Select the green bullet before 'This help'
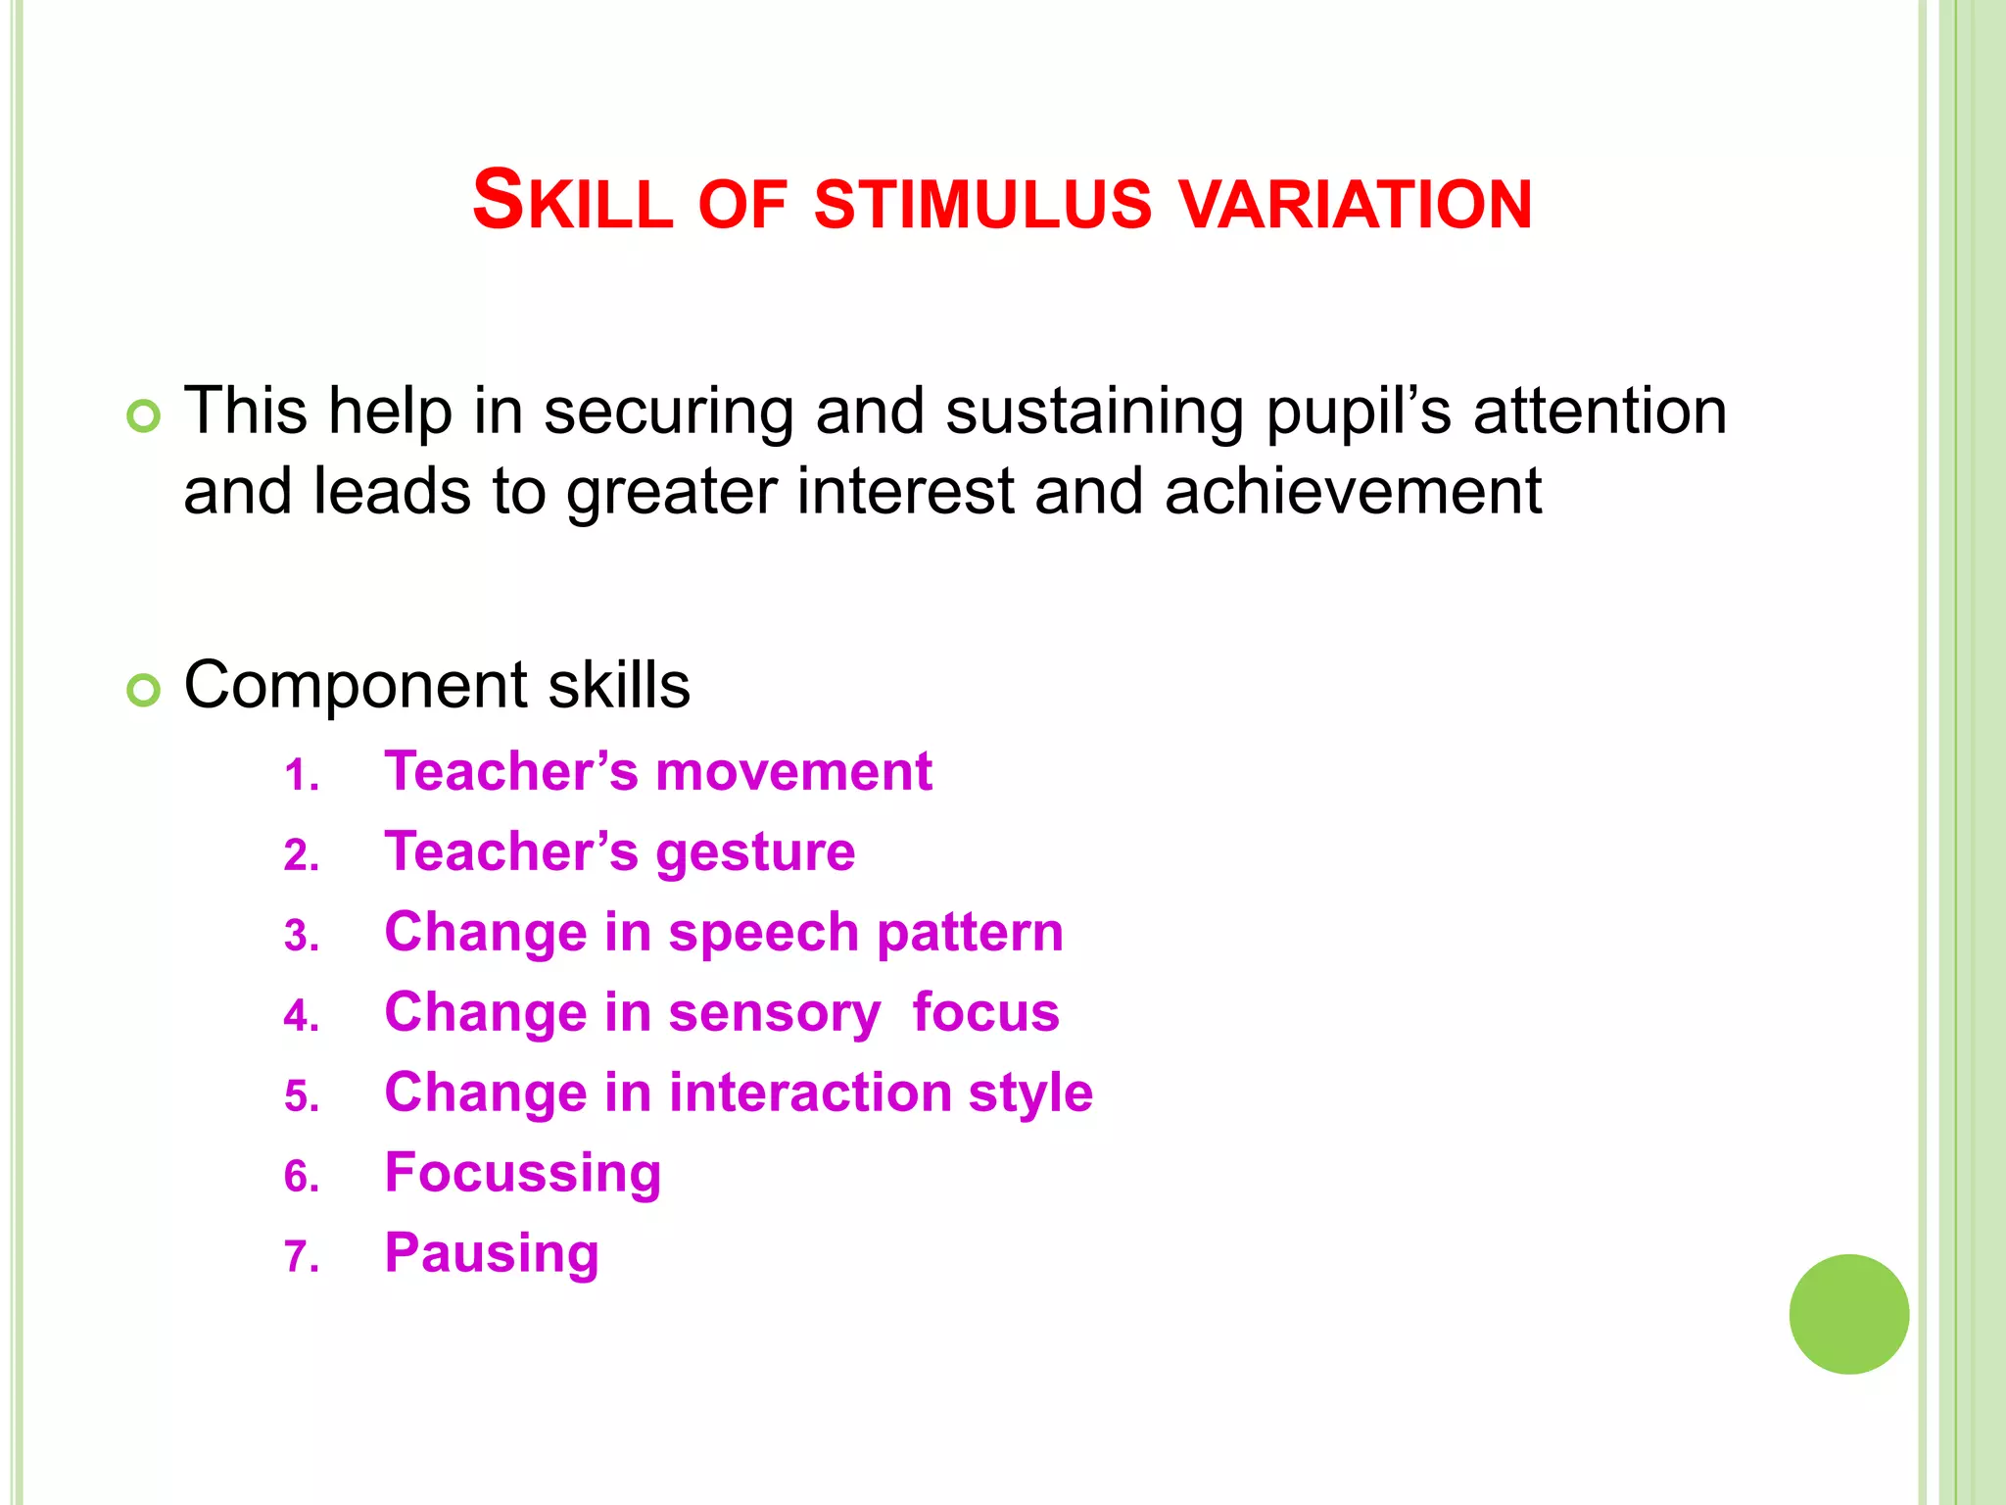[x=143, y=416]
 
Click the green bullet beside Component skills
[x=143, y=691]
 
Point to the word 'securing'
[x=668, y=412]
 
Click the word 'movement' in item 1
[x=793, y=771]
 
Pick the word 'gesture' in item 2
[x=755, y=852]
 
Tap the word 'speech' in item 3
[x=763, y=933]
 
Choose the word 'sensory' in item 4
[x=775, y=1013]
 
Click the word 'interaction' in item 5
[x=809, y=1092]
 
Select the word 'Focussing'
[x=523, y=1174]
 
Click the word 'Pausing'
[x=492, y=1254]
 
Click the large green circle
[x=1848, y=1314]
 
